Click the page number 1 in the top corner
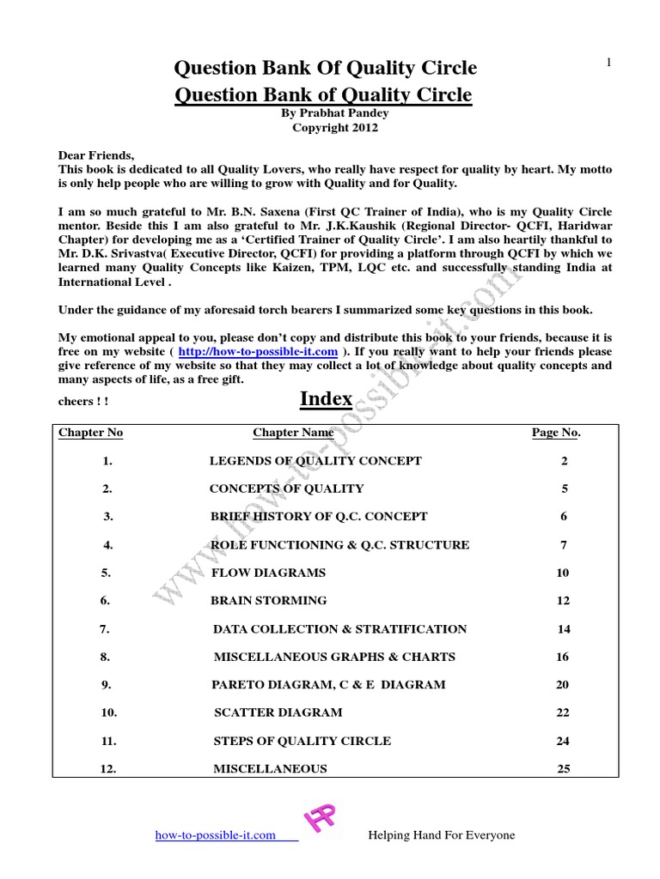coord(608,62)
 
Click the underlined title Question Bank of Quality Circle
coord(323,94)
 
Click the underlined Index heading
coord(326,399)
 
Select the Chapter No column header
coord(90,433)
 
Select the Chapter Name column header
coord(293,433)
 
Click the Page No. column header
coord(556,433)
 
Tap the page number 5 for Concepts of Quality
coord(564,489)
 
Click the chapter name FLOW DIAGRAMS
coord(268,573)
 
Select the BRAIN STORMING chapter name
coord(269,601)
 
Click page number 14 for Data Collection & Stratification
coord(563,629)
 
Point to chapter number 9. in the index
coord(107,685)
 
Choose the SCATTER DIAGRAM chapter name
coord(278,712)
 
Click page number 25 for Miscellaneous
coord(563,769)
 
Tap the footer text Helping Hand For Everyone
coord(441,835)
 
